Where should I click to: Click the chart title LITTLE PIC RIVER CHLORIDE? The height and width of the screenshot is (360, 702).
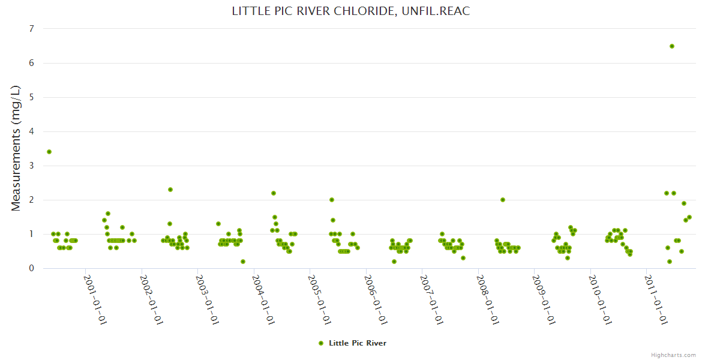[x=350, y=11]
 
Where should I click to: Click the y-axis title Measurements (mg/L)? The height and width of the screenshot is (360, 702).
[x=16, y=148]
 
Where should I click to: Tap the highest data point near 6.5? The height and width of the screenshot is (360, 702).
[x=672, y=46]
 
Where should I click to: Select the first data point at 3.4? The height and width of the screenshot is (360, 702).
[x=49, y=152]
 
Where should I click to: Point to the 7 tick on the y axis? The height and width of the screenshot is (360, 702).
[x=31, y=29]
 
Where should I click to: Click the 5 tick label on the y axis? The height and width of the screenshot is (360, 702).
[x=31, y=97]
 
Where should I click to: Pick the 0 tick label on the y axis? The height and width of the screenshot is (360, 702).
[x=31, y=268]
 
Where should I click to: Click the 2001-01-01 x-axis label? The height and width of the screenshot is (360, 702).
[x=95, y=299]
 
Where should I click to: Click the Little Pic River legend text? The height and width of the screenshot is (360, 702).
[x=358, y=343]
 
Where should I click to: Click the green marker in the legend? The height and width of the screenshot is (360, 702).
[x=321, y=343]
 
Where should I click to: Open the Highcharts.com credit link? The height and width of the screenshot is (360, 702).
[x=673, y=355]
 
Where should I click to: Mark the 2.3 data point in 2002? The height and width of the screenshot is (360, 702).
[x=170, y=190]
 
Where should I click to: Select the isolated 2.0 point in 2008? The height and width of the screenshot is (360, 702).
[x=503, y=200]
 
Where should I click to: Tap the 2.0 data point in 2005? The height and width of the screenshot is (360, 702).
[x=332, y=200]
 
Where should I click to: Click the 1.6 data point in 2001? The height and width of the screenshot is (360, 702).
[x=108, y=214]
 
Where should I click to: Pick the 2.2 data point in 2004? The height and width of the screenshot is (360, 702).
[x=274, y=193]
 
